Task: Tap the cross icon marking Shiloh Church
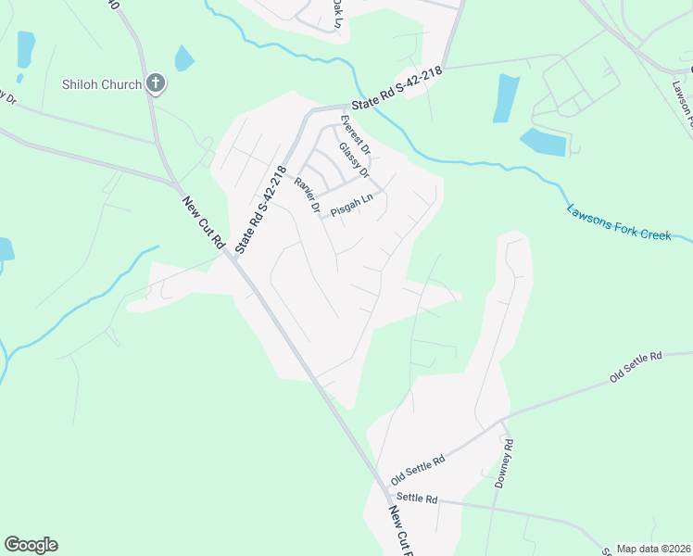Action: [156, 84]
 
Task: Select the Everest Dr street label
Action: [355, 135]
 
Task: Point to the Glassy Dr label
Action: [354, 160]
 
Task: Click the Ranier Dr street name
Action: [307, 196]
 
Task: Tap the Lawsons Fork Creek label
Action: [619, 223]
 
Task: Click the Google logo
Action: [31, 545]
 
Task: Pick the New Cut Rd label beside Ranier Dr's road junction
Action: [205, 222]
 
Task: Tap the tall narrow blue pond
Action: [506, 98]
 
